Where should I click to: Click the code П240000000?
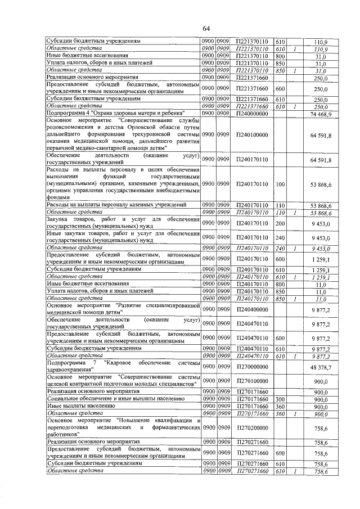[251, 114]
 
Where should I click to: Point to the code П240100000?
[251, 136]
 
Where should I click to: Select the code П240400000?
[251, 309]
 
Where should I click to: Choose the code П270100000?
[251, 381]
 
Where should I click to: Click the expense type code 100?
[281, 184]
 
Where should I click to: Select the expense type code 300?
[281, 399]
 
